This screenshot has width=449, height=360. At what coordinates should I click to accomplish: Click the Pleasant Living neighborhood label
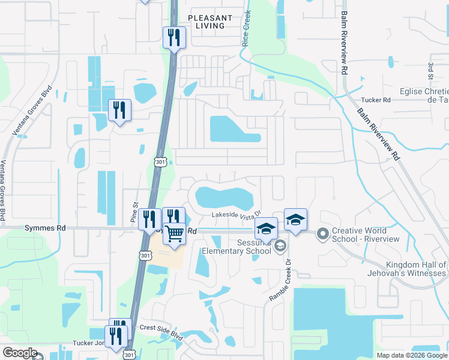click(206, 22)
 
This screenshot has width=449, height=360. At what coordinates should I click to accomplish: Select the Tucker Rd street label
click(376, 100)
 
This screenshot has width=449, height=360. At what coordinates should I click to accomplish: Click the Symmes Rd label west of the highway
click(44, 229)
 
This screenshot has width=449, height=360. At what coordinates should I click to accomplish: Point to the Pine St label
click(134, 214)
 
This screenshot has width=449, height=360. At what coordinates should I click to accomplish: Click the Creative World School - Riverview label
click(366, 235)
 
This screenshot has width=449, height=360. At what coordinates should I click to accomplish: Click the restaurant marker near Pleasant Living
click(174, 38)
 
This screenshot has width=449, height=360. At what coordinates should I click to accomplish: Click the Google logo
click(20, 353)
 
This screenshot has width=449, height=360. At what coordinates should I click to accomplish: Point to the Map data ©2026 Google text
click(412, 355)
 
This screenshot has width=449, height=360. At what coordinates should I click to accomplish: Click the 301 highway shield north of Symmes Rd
click(160, 161)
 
